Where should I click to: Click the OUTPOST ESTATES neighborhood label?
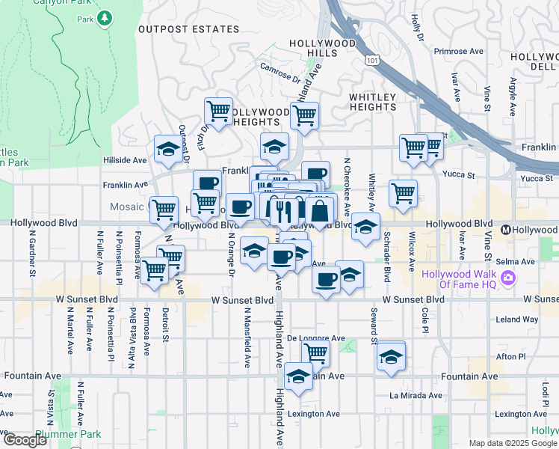tap(188, 30)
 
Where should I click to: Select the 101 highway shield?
tap(371, 58)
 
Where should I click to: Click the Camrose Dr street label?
tap(280, 70)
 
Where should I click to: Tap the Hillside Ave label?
tap(125, 160)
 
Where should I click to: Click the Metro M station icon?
tap(506, 230)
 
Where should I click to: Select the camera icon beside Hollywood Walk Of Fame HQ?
tap(509, 278)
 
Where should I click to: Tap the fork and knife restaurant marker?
tap(281, 211)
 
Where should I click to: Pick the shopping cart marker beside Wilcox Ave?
tap(403, 193)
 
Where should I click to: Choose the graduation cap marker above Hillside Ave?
tap(168, 149)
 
